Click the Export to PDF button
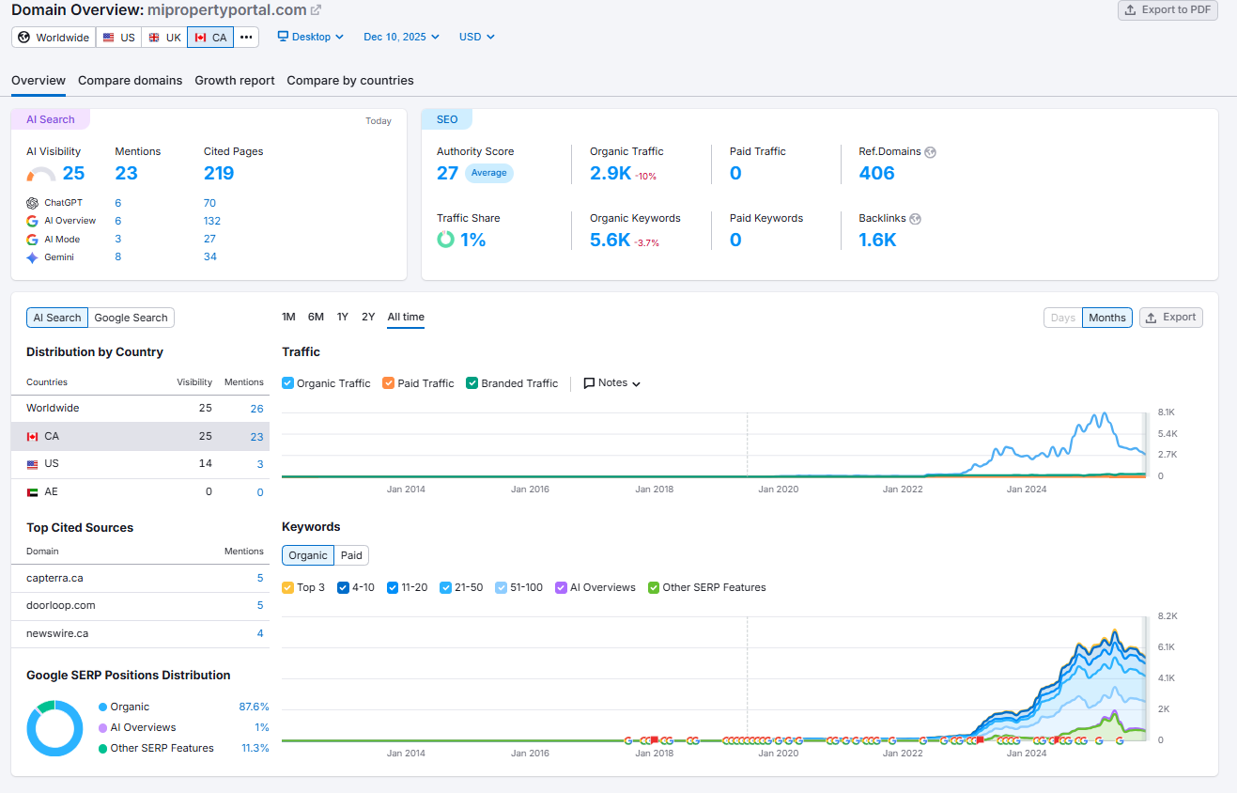click(1167, 10)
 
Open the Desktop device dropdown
click(311, 37)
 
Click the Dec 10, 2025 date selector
click(401, 37)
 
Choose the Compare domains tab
click(130, 81)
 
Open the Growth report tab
click(235, 81)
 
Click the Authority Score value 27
click(447, 173)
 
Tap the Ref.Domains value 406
click(876, 173)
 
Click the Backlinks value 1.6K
click(877, 240)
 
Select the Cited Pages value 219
click(219, 173)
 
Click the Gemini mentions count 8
click(118, 257)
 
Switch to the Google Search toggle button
click(131, 318)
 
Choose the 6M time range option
click(316, 318)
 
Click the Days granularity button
click(1062, 318)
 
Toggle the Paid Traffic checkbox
click(389, 383)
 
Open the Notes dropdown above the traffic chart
click(612, 383)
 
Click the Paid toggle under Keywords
click(351, 555)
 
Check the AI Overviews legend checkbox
click(562, 587)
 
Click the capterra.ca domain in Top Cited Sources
click(54, 578)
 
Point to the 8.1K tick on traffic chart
click(1167, 412)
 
